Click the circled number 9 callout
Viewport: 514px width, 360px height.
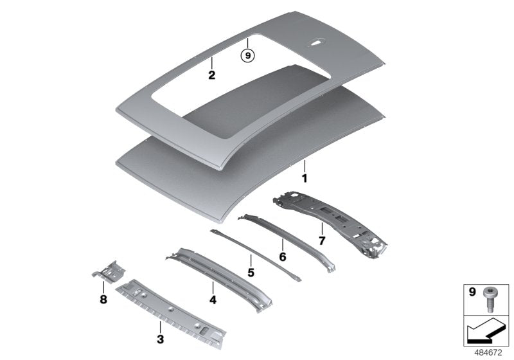(x=248, y=55)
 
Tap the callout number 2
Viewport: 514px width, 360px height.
(x=212, y=75)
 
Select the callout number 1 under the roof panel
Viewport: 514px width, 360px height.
(x=305, y=179)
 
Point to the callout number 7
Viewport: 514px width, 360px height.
(x=322, y=240)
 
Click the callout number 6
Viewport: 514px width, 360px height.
(x=283, y=256)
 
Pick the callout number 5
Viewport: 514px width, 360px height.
(x=251, y=273)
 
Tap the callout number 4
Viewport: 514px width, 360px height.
(x=213, y=300)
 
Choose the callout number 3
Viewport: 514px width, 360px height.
(x=160, y=339)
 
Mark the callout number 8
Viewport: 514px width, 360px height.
(x=103, y=299)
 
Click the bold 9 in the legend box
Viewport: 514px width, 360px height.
(x=472, y=291)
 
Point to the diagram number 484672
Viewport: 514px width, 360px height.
(x=488, y=353)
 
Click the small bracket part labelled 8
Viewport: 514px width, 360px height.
(x=109, y=271)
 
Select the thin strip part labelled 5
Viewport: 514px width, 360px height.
(x=255, y=255)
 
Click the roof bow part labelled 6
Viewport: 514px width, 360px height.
(x=287, y=243)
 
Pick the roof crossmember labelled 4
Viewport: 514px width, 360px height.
(x=219, y=280)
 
